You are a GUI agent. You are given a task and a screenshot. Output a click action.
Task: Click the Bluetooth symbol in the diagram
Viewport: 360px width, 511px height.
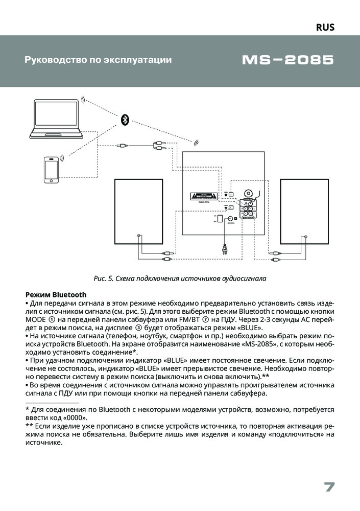125,120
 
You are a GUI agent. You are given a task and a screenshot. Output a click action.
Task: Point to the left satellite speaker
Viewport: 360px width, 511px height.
138,211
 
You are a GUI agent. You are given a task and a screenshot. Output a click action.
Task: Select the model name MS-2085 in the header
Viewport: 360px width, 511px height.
287,60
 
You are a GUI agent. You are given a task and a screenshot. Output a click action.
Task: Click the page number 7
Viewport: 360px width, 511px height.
329,487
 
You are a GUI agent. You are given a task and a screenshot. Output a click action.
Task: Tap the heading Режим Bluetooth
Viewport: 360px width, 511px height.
56,295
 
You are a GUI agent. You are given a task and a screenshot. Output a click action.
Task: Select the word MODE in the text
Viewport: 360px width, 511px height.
36,320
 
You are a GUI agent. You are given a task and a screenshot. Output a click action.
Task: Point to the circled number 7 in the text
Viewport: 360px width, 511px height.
205,320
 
